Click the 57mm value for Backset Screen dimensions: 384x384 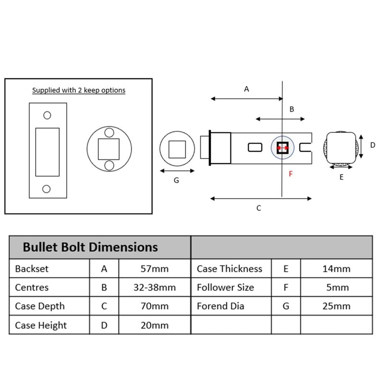tap(154, 269)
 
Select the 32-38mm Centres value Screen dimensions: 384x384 tap(154, 288)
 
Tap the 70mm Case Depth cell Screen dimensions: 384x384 tap(154, 306)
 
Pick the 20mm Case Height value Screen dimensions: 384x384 tap(154, 325)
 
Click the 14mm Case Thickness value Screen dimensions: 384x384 tap(336, 269)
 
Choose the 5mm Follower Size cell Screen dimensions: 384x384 tap(336, 288)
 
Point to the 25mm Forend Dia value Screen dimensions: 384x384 tap(336, 306)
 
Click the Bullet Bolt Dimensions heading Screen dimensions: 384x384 tap(90, 247)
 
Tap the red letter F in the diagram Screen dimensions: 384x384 tap(290, 174)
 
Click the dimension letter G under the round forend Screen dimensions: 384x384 tap(176, 180)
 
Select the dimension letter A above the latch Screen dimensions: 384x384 tap(247, 89)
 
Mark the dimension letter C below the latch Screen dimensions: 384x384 tap(259, 208)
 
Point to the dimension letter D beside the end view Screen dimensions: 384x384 tap(372, 144)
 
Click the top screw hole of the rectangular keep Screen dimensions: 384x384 tap(47, 115)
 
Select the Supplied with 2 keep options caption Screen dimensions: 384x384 tap(79, 90)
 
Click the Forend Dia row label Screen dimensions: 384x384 tap(220, 306)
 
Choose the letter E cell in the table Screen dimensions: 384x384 tap(286, 269)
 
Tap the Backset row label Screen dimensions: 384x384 tap(32, 269)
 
